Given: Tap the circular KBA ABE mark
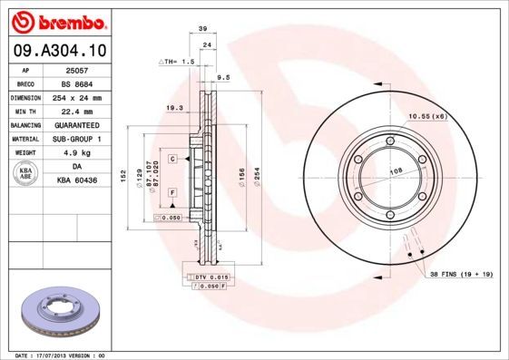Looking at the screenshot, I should (27, 174).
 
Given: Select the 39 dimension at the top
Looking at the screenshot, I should (203, 29).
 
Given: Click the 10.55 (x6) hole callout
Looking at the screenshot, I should (426, 116).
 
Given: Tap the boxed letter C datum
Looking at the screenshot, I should (171, 159).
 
